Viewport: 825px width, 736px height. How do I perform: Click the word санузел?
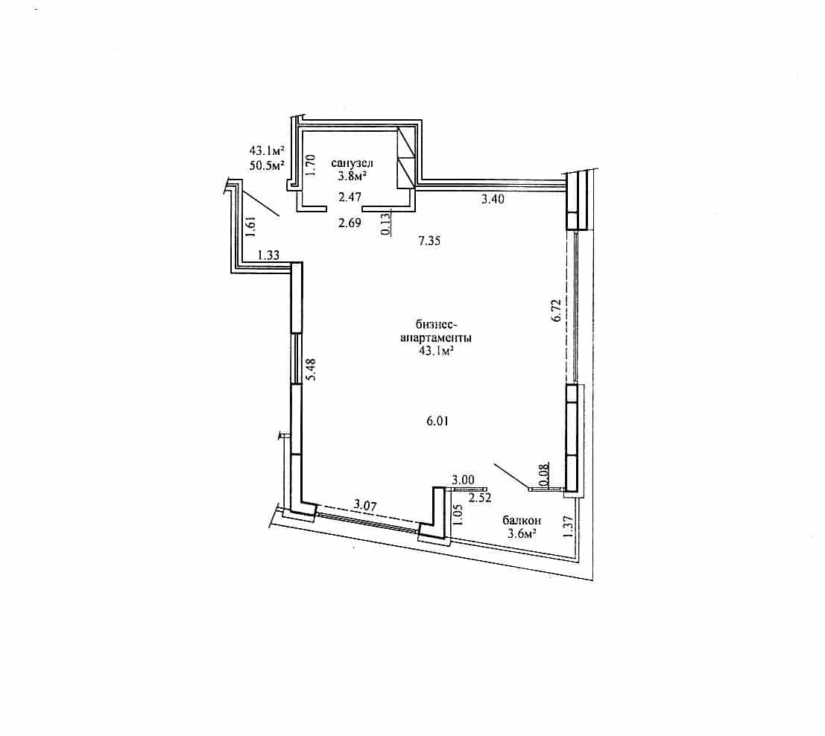(352, 164)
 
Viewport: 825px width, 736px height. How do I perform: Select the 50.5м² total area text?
(267, 165)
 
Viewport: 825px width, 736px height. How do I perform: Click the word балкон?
(522, 520)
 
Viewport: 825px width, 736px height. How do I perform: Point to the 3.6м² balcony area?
(522, 534)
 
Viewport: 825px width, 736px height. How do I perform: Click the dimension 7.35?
(429, 241)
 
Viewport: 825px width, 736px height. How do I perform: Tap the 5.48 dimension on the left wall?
(311, 369)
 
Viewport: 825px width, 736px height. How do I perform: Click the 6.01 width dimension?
(437, 421)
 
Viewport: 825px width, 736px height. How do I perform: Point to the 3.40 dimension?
(493, 199)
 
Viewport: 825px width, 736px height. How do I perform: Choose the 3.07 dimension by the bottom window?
(365, 506)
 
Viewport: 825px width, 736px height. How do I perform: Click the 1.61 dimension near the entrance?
(250, 228)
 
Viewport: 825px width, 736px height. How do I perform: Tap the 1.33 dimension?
(268, 256)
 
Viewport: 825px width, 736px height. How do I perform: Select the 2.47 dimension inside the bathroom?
(350, 197)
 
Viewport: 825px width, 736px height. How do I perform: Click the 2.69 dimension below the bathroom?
(350, 223)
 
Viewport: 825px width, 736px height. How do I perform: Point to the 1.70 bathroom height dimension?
(311, 165)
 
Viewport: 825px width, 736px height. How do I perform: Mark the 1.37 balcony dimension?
(567, 526)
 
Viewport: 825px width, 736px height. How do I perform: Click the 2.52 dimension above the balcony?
(480, 498)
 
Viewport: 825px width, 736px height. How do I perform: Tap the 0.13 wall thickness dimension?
(385, 223)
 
